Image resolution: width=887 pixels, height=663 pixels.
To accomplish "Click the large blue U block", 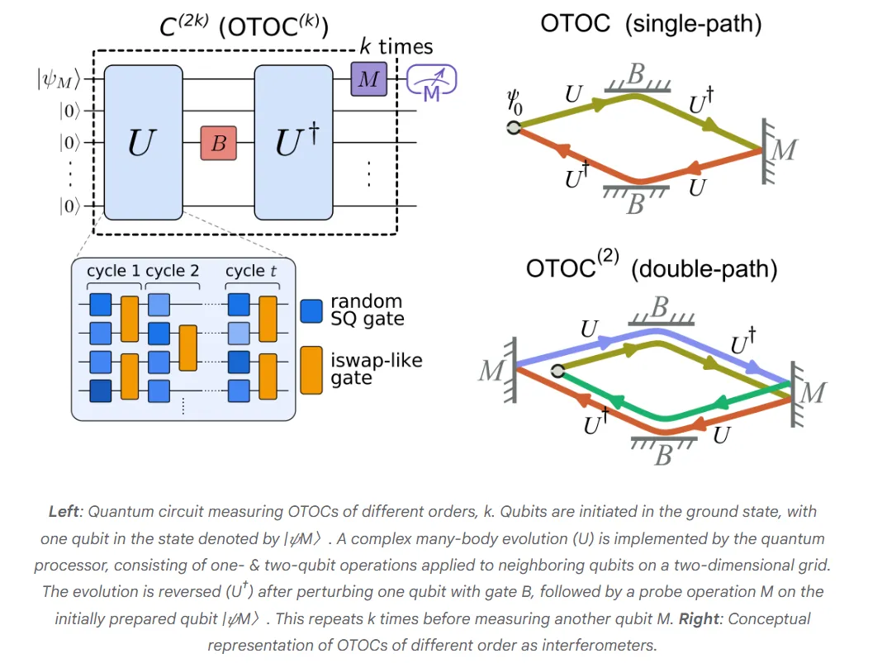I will coord(143,143).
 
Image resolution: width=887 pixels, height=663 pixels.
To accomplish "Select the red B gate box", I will coord(218,143).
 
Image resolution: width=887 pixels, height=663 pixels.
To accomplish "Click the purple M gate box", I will coord(368,79).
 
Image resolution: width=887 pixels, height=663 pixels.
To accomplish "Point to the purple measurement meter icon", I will coord(431,82).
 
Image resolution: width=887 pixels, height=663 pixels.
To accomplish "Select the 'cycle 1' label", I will coord(114,271).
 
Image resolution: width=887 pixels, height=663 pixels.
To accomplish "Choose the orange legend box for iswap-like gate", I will coord(312,369).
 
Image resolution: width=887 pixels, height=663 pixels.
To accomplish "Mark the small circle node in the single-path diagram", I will coord(514,127).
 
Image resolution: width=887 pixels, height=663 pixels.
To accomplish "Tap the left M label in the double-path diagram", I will coord(491,371).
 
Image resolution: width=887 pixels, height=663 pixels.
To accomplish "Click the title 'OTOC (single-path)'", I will coord(651,23).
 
